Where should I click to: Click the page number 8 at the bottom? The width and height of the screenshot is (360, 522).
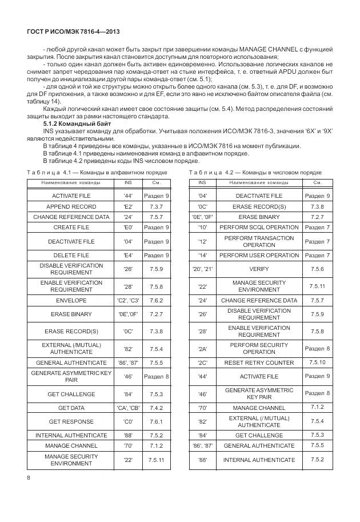[x=29, y=477]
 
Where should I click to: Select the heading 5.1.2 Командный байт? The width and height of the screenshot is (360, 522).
[x=77, y=124]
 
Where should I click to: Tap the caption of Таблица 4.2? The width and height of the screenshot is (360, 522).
[x=255, y=172]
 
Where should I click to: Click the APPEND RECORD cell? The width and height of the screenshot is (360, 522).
[x=71, y=206]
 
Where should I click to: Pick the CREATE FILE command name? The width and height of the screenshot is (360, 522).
[x=71, y=227]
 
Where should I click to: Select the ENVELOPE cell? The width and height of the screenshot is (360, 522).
[x=71, y=300]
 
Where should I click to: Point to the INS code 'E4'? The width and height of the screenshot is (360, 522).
[x=128, y=255]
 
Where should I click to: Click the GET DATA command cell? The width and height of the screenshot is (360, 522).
[x=71, y=408]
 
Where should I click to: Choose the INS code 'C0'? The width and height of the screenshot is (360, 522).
[x=128, y=421]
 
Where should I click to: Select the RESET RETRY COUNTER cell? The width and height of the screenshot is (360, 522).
[x=259, y=363]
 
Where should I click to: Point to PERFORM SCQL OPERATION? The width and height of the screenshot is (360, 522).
[x=259, y=227]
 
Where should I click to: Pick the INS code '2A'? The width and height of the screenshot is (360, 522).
[x=202, y=349]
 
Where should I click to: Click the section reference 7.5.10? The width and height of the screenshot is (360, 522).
[x=317, y=362]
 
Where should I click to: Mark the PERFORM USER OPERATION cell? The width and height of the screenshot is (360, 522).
[x=259, y=255]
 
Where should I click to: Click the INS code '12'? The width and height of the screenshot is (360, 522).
[x=202, y=241]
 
